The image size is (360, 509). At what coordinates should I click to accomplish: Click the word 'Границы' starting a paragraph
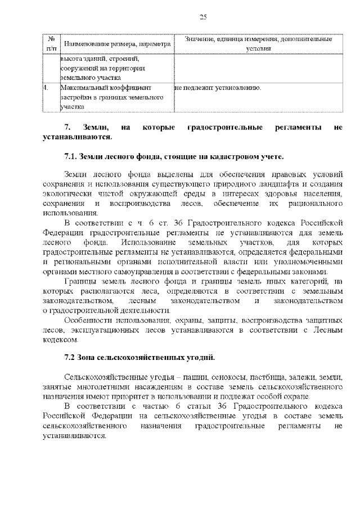coord(80,282)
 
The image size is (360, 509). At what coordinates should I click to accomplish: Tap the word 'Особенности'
coord(88,321)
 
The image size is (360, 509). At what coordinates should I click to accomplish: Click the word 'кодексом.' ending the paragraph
coord(59,340)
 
